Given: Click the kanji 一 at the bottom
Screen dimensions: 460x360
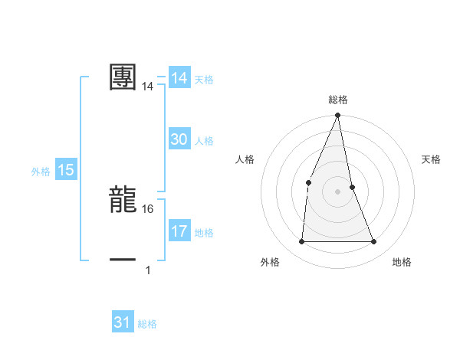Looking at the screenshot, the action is (x=123, y=260).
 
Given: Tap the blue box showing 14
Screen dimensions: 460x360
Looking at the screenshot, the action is (x=179, y=78).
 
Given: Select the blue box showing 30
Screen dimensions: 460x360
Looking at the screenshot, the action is (x=179, y=139).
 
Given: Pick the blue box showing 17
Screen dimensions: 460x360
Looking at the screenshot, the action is (x=179, y=231).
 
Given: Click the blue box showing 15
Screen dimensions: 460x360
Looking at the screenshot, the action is (x=66, y=170).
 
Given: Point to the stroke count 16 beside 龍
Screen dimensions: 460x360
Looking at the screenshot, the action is (x=148, y=208).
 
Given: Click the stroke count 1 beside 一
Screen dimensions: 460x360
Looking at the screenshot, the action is (x=148, y=270).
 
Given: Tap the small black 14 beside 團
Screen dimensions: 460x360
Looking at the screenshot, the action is (x=148, y=87).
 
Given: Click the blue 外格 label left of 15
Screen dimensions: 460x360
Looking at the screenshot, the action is (x=41, y=172).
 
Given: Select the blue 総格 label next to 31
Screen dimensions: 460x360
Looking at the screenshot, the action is (x=147, y=324).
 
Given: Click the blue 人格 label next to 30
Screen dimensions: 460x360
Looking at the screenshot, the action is (x=204, y=141).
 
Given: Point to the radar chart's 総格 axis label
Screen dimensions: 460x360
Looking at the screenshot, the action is (x=337, y=100).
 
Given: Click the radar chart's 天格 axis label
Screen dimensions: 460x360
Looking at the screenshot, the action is (x=432, y=159).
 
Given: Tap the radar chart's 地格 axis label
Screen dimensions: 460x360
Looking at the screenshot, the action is (x=402, y=263).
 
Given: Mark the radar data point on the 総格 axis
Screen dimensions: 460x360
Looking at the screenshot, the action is (x=337, y=116).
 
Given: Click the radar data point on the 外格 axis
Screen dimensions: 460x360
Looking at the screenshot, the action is (x=301, y=242).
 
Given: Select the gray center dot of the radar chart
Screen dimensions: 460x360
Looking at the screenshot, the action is (x=337, y=191).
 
